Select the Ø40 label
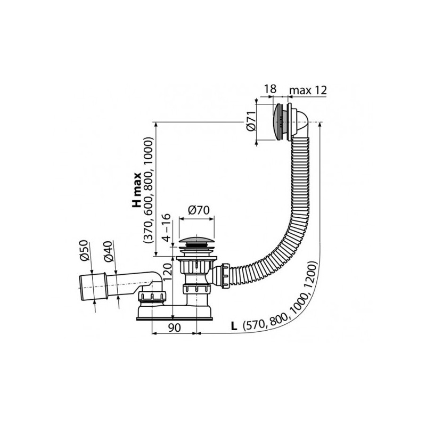[108, 251]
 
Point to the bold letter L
[234, 325]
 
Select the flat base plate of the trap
[176, 318]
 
